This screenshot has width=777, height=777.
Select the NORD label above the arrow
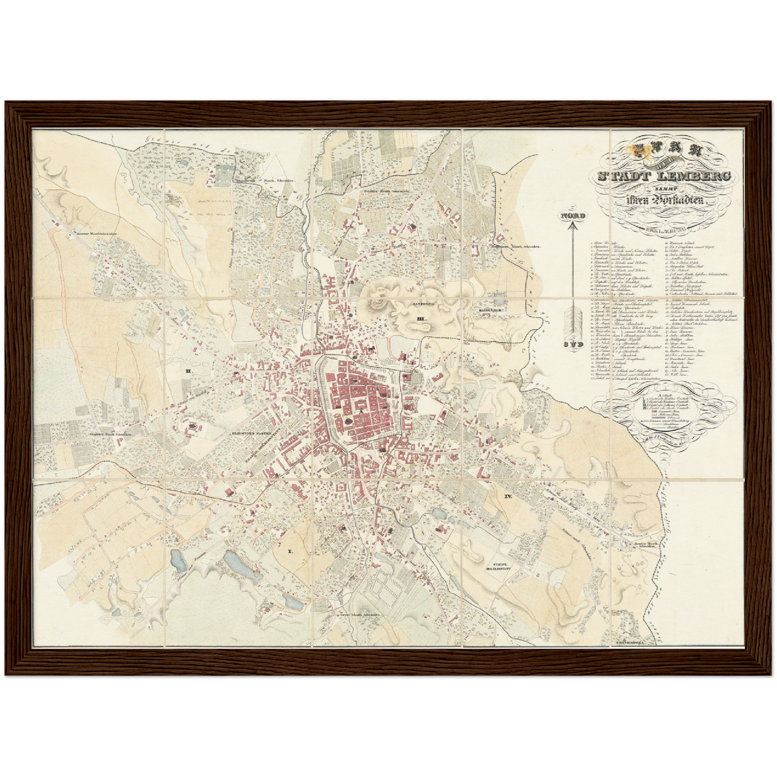(573, 215)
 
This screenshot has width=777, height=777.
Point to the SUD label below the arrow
(573, 345)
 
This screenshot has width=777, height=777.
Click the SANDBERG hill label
(422, 304)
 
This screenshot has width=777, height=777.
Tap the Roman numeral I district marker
(290, 552)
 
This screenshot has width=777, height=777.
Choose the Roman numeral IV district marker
(508, 496)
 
